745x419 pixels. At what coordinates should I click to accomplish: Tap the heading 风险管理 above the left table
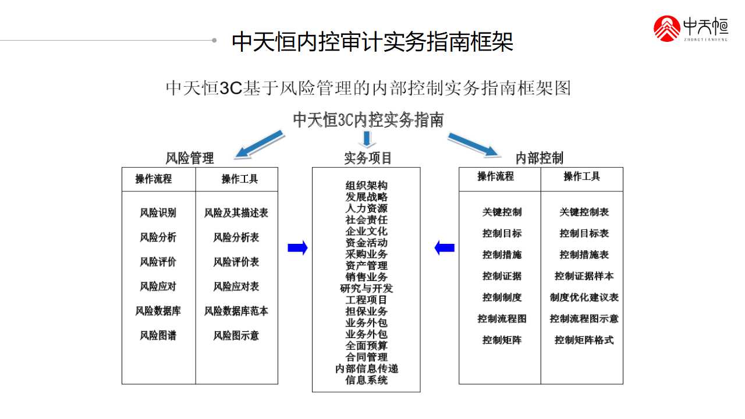click(x=190, y=158)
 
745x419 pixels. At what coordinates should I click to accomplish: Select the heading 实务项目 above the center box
click(x=368, y=158)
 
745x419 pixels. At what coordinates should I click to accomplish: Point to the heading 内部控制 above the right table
click(x=540, y=158)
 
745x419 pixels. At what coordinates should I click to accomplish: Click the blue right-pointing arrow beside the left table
click(x=297, y=248)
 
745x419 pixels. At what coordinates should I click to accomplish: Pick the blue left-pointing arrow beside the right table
click(x=445, y=248)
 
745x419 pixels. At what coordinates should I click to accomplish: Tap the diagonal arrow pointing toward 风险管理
click(x=259, y=145)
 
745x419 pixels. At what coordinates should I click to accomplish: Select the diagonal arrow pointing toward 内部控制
click(x=474, y=145)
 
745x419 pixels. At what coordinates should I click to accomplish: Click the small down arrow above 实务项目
click(x=367, y=139)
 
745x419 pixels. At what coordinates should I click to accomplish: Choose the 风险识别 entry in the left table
click(x=158, y=213)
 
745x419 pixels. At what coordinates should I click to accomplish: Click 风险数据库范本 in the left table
click(x=236, y=311)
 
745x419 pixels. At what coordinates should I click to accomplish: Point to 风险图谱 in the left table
click(x=158, y=335)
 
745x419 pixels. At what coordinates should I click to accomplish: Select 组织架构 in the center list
click(x=366, y=186)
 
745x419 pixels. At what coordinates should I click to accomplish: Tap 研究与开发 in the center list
click(x=366, y=288)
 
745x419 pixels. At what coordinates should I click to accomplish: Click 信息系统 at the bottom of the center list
click(x=366, y=380)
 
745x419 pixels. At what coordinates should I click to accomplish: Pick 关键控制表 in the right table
click(x=584, y=212)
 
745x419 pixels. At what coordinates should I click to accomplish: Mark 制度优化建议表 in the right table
click(x=584, y=297)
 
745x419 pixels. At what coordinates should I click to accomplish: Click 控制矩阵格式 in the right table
click(x=584, y=340)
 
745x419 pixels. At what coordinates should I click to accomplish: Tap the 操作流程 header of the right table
click(x=496, y=176)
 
